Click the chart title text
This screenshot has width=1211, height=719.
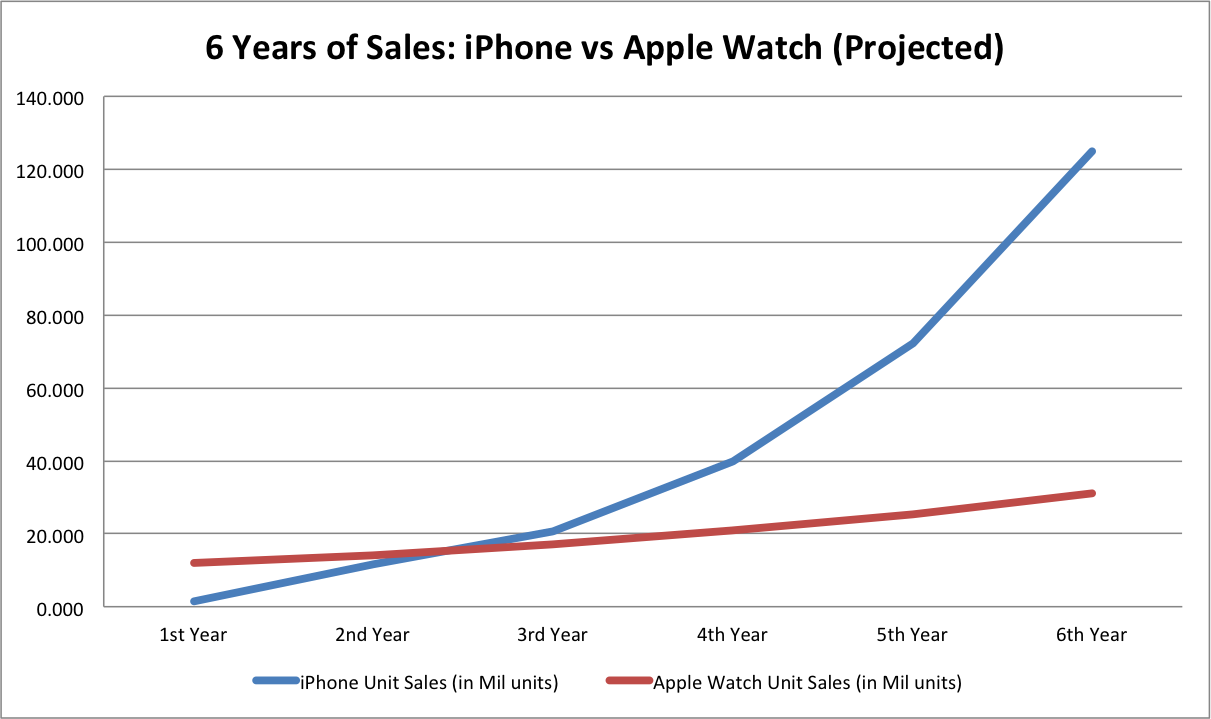tap(604, 47)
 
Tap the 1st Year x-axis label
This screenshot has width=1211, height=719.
tap(192, 635)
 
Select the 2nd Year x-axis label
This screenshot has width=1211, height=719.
tap(372, 635)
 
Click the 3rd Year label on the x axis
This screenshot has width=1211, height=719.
tap(552, 635)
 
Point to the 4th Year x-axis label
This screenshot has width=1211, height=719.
tap(732, 635)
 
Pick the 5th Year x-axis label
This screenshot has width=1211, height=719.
tap(912, 635)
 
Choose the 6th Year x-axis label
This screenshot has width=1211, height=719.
tap(1092, 635)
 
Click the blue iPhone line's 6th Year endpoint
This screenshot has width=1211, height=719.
tap(1092, 151)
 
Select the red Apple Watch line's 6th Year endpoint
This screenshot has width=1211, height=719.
tap(1092, 493)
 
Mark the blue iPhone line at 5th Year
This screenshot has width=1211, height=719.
tap(912, 343)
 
